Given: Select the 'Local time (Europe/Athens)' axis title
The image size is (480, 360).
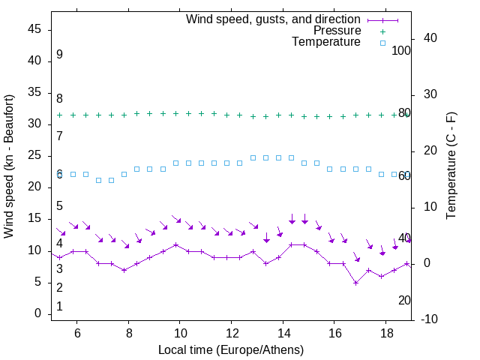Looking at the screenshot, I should tap(231, 349).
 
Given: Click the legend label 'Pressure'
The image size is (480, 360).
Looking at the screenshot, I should tap(337, 31).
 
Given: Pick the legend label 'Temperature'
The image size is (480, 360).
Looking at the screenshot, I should tap(326, 42).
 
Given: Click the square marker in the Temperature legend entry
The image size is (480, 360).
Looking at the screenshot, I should tap(382, 43).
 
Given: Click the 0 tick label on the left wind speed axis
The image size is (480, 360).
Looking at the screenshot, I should tap(39, 313).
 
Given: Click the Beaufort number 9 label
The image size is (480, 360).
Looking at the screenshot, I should tap(59, 55).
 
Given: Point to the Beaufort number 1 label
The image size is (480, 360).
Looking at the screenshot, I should tap(59, 306).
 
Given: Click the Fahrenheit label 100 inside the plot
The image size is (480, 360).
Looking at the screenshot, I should tap(402, 50).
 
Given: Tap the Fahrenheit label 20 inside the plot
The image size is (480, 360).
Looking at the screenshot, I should tap(404, 300).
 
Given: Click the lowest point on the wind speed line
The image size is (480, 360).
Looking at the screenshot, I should tap(356, 283).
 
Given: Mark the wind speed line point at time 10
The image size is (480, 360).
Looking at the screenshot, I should tap(175, 244).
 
